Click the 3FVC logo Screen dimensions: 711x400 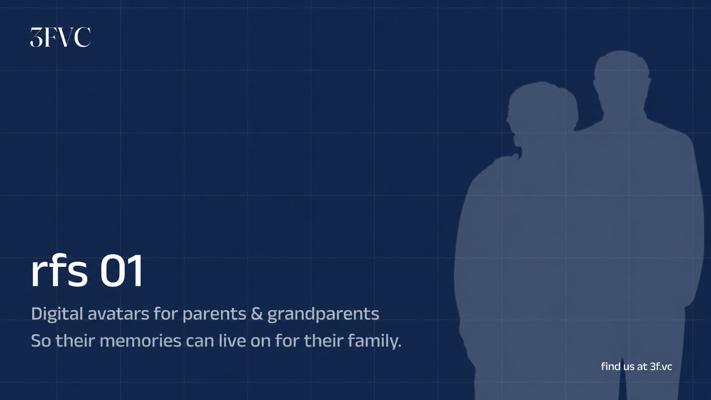point(60,37)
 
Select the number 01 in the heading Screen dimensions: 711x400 point(122,271)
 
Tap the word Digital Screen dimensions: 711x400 point(57,314)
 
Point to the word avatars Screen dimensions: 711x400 point(118,314)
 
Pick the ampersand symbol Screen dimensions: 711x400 point(257,313)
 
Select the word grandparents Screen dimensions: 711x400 point(323,315)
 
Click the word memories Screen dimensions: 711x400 point(140,340)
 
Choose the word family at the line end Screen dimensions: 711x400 point(375,341)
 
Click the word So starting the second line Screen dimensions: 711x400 point(41,341)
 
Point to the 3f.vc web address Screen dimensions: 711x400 point(661,367)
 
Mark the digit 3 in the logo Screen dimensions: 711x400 point(36,37)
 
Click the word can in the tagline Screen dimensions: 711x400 point(200,341)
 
